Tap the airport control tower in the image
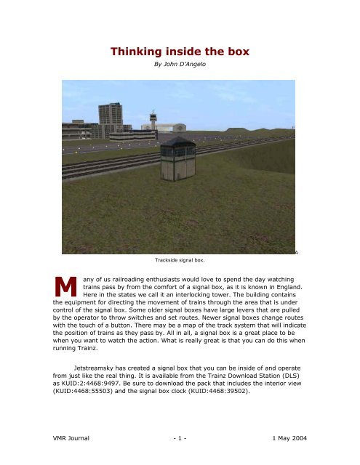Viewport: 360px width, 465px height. pos(152,120)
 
